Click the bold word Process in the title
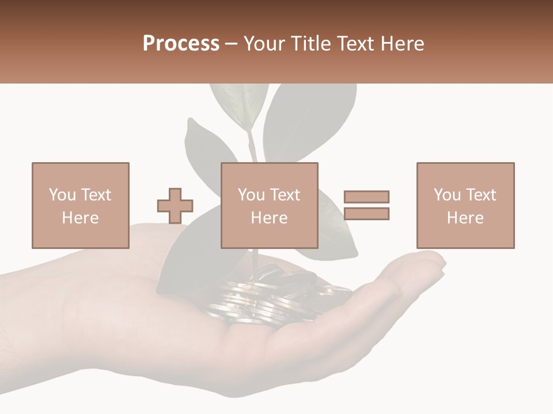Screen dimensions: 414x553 [181, 44]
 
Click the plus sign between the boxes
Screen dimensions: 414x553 [175, 206]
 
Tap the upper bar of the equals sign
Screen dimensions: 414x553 [366, 197]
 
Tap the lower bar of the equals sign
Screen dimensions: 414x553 [366, 213]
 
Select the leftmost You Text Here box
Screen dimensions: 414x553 [80, 205]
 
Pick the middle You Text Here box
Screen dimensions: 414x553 [269, 205]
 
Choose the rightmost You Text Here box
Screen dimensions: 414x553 [465, 205]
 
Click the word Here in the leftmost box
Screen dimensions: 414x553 [80, 218]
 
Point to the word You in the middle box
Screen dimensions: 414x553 [251, 195]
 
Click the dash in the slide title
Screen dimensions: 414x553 [232, 44]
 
